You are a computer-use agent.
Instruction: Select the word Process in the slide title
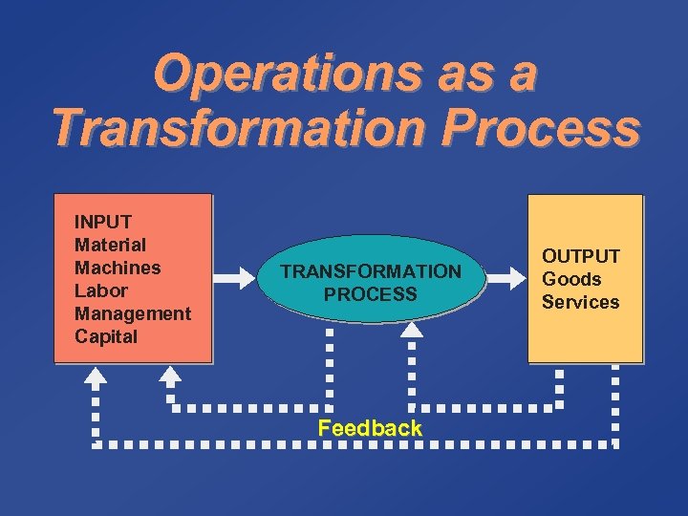[x=548, y=129]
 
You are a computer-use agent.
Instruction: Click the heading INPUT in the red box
[x=103, y=222]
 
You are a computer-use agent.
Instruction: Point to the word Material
[x=110, y=245]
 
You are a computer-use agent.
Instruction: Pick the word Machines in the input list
[x=118, y=268]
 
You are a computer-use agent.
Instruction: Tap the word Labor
[x=100, y=290]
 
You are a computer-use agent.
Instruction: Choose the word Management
[x=133, y=313]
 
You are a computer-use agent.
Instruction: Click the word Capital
[x=106, y=336]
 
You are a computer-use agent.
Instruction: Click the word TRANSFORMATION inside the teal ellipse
[x=371, y=271]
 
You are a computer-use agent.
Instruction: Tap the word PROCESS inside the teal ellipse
[x=371, y=294]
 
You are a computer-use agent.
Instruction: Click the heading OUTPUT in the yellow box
[x=581, y=256]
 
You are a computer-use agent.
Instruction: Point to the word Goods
[x=571, y=279]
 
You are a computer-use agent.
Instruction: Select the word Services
[x=581, y=302]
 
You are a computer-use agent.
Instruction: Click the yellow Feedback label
[x=370, y=428]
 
